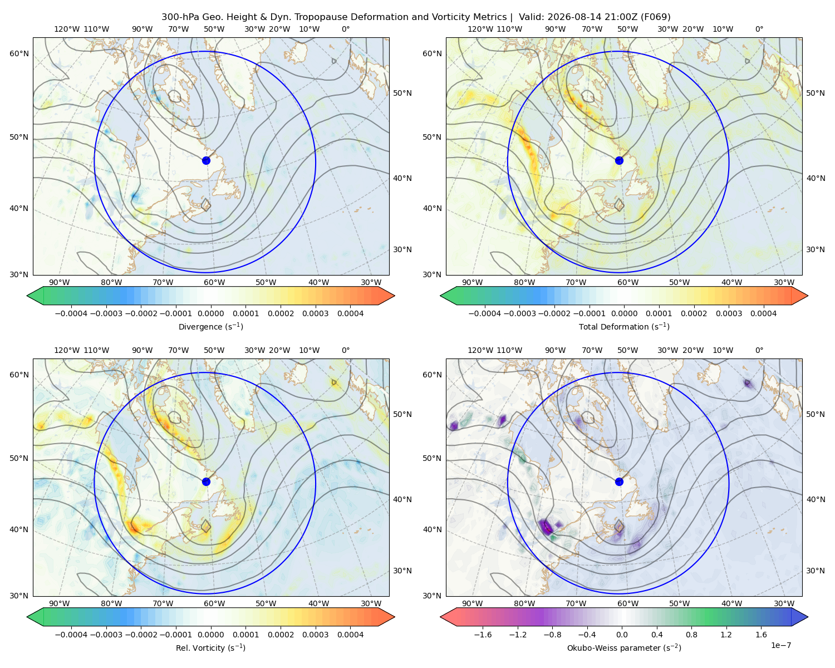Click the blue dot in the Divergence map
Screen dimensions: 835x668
point(206,160)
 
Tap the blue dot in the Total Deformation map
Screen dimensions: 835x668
point(619,160)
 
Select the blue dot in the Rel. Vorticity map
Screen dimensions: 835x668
point(206,482)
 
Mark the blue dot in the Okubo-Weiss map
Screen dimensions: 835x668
point(619,482)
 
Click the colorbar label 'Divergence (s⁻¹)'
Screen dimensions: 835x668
point(210,326)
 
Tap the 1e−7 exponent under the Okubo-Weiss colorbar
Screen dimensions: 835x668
point(780,645)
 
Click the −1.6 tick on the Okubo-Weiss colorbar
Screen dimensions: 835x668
point(483,634)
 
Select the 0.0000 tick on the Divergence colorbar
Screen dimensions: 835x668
point(210,313)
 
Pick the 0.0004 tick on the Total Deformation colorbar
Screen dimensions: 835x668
point(763,313)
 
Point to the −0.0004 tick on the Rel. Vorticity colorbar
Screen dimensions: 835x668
point(71,634)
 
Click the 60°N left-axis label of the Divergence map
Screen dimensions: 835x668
point(19,53)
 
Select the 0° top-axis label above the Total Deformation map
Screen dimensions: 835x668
point(759,29)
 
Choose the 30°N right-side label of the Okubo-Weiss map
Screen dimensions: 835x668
point(816,570)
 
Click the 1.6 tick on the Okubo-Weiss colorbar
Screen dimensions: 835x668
point(762,634)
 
